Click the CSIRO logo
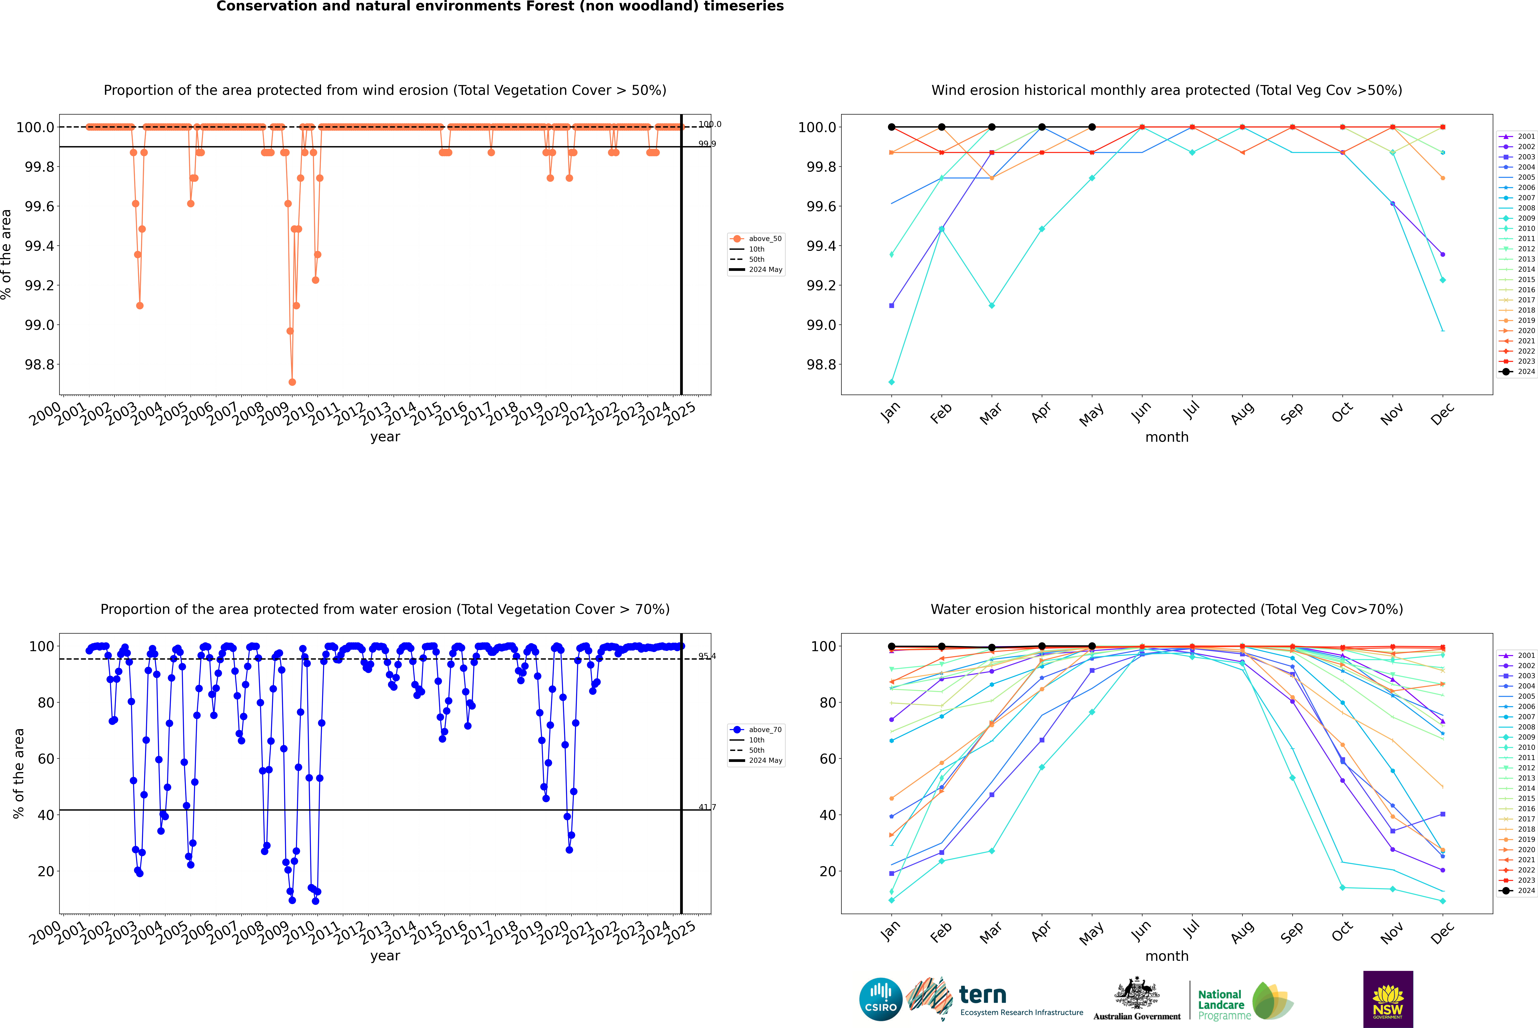point(881,999)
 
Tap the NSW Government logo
point(1388,999)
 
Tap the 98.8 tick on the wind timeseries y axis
point(39,364)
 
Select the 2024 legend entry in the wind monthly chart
point(1517,372)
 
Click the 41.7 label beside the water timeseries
point(707,807)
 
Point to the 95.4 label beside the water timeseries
point(707,656)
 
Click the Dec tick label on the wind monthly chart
point(1442,414)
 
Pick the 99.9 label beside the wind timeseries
point(707,144)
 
